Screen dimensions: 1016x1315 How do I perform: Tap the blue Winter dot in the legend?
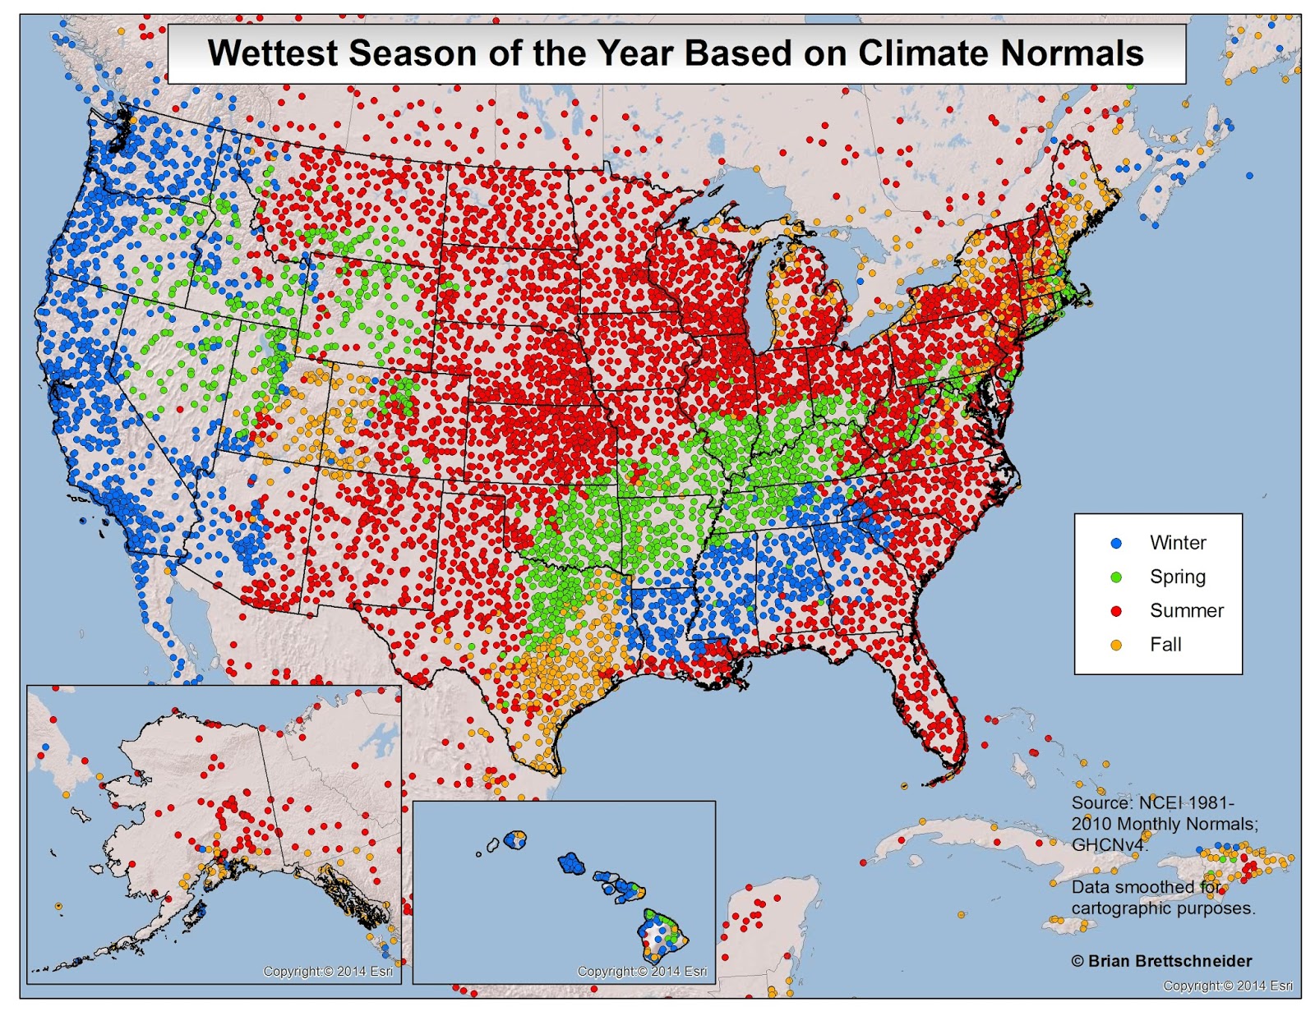pos(1116,543)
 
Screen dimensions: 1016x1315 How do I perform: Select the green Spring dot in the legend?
pos(1116,577)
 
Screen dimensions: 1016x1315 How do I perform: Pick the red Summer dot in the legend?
pos(1116,611)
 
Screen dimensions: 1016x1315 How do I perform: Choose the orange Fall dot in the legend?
pos(1116,645)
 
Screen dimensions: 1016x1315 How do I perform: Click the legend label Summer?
pos(1186,611)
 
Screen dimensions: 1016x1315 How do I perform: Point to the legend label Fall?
pos(1165,645)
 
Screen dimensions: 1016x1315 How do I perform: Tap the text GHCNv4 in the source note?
pos(1108,844)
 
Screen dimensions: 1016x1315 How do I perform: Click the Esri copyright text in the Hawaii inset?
pos(642,971)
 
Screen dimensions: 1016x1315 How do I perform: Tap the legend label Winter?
pos(1177,543)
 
